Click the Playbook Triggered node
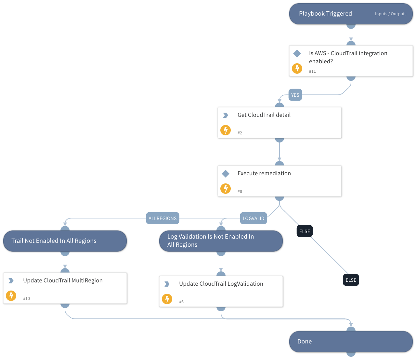tap(325, 14)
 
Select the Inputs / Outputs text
tap(390, 14)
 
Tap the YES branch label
tap(295, 95)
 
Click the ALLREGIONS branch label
tap(162, 218)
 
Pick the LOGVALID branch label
tap(253, 218)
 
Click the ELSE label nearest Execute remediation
tap(305, 231)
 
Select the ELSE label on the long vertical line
tap(351, 280)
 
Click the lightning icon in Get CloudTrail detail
tap(226, 130)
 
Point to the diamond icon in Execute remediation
tap(226, 174)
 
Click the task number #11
tap(312, 71)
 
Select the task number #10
tap(26, 299)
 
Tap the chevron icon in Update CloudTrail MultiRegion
tap(11, 281)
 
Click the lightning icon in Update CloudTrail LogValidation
tap(167, 299)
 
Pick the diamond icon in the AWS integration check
tap(297, 54)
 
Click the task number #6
tap(181, 302)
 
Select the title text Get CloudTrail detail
tap(264, 115)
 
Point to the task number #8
tap(240, 192)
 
